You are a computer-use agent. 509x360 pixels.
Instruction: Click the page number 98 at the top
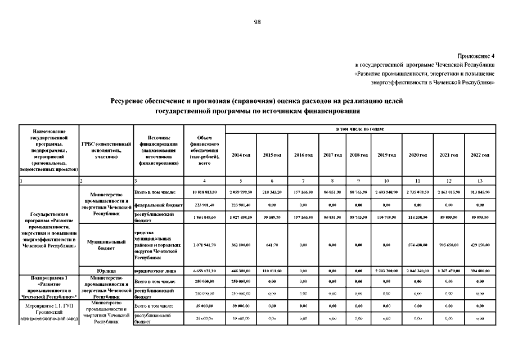coord(257,22)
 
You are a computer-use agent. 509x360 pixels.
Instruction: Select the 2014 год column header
coord(241,155)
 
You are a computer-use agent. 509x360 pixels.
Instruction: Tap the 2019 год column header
coord(386,155)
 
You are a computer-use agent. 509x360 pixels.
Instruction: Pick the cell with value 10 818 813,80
coord(204,193)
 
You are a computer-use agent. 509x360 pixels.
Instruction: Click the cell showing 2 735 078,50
coord(418,193)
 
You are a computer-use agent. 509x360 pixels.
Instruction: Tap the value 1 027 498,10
coord(241,217)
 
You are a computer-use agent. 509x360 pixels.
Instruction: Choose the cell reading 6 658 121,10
coord(204,271)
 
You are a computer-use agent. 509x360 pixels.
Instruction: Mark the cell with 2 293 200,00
coord(386,271)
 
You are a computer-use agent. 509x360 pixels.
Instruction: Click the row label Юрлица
coord(106,271)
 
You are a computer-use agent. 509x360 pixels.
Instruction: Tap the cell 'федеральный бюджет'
coord(159,206)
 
